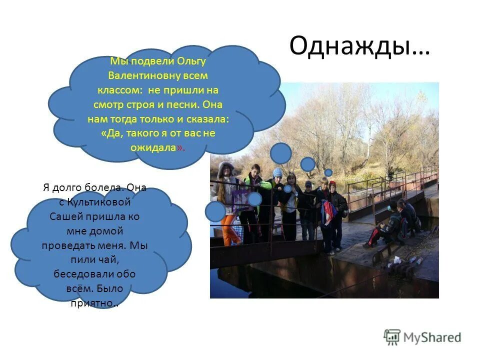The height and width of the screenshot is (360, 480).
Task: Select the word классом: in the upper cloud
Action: [x=119, y=90]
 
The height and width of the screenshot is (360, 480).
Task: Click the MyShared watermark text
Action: [x=432, y=337]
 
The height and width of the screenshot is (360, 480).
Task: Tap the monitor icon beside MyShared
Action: [x=392, y=337]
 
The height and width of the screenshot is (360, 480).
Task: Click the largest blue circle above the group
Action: [x=281, y=153]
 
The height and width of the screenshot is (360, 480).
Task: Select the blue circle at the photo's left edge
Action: [x=215, y=211]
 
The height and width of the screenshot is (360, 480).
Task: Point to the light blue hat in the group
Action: [x=277, y=172]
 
